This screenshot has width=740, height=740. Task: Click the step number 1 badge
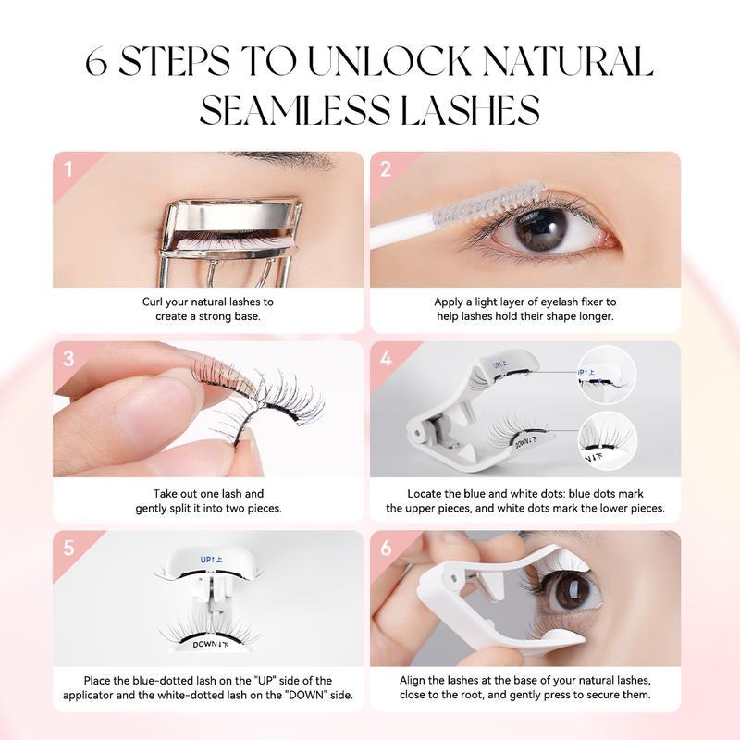pyautogui.click(x=68, y=169)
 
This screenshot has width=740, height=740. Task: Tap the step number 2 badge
pyautogui.click(x=386, y=169)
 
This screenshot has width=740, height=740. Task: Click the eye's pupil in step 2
pyautogui.click(x=540, y=228)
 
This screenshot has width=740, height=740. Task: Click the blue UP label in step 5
pyautogui.click(x=212, y=560)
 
